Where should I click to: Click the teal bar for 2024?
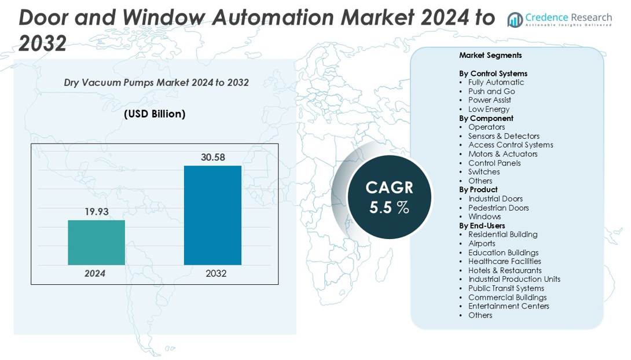pos(96,242)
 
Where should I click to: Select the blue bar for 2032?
pos(212,215)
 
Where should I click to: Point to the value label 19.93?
pos(96,212)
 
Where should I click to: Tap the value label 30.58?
pos(212,157)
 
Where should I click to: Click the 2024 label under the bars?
pos(95,273)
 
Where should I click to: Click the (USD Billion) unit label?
pos(155,114)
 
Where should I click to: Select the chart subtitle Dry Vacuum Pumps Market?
pos(156,83)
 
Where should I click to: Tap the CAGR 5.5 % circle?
pos(389,197)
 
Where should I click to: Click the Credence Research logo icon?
pos(515,20)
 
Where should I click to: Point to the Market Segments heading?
pos(490,56)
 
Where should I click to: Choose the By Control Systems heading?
pos(493,74)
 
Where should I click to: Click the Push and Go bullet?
pos(491,91)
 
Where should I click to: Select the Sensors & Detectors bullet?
pos(504,136)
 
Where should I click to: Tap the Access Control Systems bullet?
pos(511,145)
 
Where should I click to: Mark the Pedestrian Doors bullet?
pos(498,208)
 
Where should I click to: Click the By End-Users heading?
pos(482,226)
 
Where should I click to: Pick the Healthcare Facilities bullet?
pos(505,261)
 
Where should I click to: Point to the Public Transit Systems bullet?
pos(506,288)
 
